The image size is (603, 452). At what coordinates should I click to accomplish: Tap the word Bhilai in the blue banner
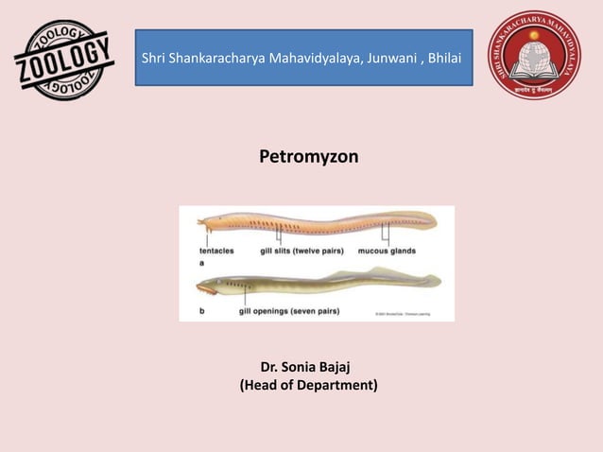[x=441, y=60]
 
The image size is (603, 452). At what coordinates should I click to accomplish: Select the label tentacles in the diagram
[x=216, y=252]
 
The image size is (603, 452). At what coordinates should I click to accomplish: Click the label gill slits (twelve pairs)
[x=301, y=252]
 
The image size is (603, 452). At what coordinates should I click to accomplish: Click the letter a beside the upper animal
[x=201, y=264]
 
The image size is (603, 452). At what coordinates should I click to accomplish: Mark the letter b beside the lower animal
[x=201, y=309]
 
